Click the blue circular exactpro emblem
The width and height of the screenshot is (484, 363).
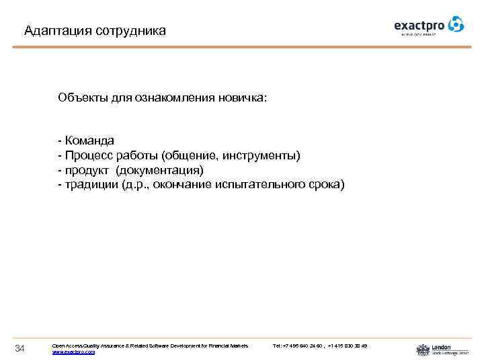(456, 24)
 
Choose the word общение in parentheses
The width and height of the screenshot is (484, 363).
(193, 155)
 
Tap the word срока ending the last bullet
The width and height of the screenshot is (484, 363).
(327, 184)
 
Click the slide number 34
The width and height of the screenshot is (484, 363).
(19, 348)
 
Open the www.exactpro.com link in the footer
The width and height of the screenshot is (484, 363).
(73, 352)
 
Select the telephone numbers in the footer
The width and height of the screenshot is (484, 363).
(320, 346)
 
